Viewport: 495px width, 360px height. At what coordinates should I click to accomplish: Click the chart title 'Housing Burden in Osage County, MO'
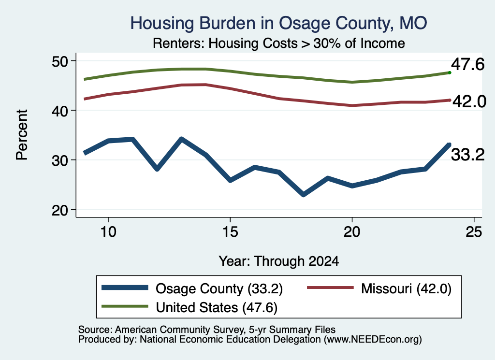point(279,23)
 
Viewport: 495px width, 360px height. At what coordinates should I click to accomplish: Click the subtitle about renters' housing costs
point(279,43)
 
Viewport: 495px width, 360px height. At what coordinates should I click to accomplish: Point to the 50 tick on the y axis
point(60,61)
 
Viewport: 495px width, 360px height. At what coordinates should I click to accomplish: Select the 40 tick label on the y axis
point(60,111)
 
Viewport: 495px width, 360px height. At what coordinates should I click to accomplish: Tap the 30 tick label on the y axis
point(60,160)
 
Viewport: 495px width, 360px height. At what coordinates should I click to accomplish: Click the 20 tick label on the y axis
point(60,210)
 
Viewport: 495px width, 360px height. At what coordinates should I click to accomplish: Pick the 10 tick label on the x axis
point(108,232)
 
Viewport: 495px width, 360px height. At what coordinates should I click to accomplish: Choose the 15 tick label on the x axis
point(230,232)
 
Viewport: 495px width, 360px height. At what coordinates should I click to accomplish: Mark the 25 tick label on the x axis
point(474,232)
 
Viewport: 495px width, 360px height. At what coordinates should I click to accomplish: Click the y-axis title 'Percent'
point(22,135)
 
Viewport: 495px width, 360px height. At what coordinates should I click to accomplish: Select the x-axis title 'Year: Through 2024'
point(279,261)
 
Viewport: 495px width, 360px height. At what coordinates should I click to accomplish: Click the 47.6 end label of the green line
point(467,64)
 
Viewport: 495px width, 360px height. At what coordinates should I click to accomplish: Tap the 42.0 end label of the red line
point(469,101)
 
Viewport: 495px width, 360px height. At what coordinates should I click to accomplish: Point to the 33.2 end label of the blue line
point(467,155)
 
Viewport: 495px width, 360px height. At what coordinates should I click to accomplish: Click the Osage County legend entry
point(192,288)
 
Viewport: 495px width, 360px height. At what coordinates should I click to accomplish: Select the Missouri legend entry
point(379,288)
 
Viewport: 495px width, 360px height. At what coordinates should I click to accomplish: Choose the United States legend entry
point(189,307)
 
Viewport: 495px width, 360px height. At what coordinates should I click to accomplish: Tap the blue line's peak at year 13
point(181,139)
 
